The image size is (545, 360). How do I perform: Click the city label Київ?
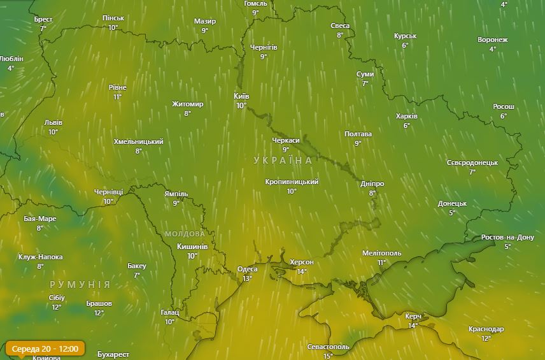[241, 96]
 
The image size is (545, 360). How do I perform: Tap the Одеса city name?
[247, 269]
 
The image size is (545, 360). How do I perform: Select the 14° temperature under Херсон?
[302, 271]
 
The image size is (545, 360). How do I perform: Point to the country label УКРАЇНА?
[283, 161]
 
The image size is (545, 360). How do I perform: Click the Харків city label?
[406, 117]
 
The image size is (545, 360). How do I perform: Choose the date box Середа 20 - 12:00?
[45, 349]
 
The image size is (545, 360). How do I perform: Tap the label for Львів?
[53, 123]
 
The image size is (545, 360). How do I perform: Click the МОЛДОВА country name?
[185, 234]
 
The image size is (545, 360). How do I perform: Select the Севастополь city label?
[328, 347]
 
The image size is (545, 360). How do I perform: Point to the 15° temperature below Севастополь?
[328, 356]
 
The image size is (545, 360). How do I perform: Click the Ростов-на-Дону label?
[507, 237]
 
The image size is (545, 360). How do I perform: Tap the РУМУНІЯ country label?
[80, 284]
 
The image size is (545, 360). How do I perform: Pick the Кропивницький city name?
[292, 182]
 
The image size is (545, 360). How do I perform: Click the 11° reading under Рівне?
[118, 97]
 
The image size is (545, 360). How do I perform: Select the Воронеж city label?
[492, 40]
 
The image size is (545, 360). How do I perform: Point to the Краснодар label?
[486, 329]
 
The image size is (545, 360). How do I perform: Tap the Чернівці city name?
[108, 192]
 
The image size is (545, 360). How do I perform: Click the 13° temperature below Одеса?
[247, 278]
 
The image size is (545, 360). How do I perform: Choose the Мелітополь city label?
[381, 253]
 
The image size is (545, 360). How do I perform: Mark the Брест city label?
[43, 19]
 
